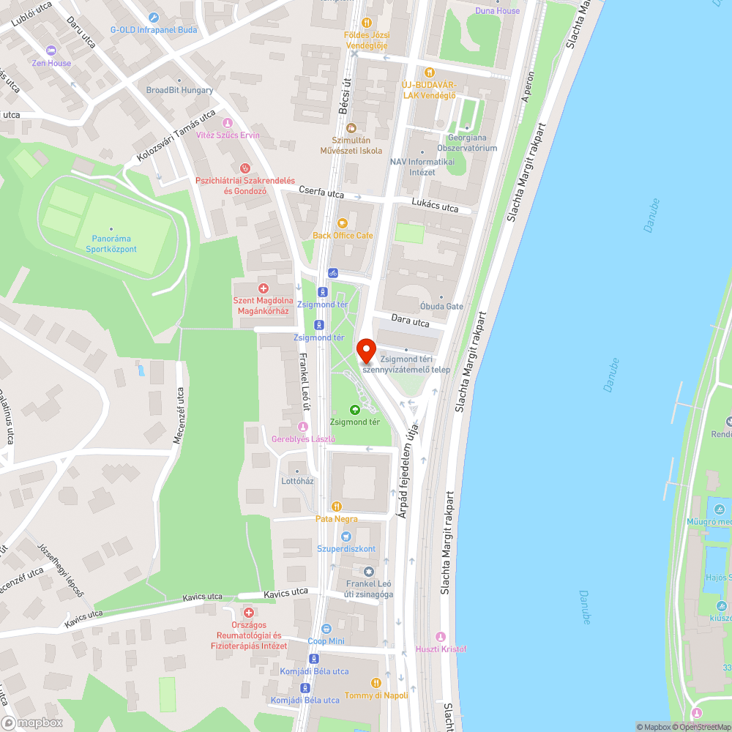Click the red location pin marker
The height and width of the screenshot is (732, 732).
coord(365,350)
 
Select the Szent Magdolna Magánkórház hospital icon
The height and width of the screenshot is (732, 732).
coord(264,289)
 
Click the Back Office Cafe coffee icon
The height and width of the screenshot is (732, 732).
coord(342,224)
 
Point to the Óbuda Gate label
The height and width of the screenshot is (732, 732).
coord(441,306)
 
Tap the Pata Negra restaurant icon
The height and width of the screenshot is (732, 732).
coord(336,507)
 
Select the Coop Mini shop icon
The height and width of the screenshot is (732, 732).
coord(326,629)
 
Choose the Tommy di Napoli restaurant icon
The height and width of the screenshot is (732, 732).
coord(376,683)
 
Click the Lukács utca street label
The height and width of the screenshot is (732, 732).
coord(435,208)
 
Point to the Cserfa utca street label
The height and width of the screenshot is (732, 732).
coord(321,193)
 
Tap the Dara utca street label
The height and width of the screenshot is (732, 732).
coord(410,321)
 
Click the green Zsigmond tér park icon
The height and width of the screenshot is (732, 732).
coord(355,410)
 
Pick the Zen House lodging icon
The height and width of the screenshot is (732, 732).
coord(51,51)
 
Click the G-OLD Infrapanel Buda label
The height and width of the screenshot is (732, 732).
coord(154,30)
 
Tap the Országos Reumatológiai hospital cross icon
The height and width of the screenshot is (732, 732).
coord(249,612)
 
